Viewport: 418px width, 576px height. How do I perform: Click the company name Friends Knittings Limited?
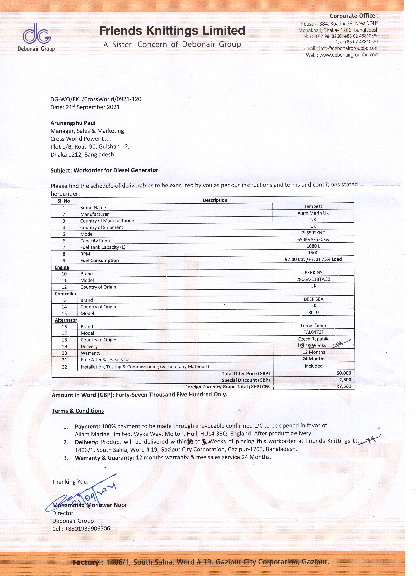[x=172, y=31]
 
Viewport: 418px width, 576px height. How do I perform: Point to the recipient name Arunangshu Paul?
[x=73, y=123]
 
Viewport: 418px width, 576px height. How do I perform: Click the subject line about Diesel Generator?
[x=104, y=170]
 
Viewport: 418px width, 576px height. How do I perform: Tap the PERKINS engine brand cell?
[x=313, y=272]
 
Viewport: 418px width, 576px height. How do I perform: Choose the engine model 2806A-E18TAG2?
[x=313, y=279]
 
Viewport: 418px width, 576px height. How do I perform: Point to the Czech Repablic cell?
[x=313, y=339]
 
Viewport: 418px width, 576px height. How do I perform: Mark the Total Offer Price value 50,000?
[x=344, y=373]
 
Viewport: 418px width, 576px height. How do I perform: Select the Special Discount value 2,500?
[x=345, y=380]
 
